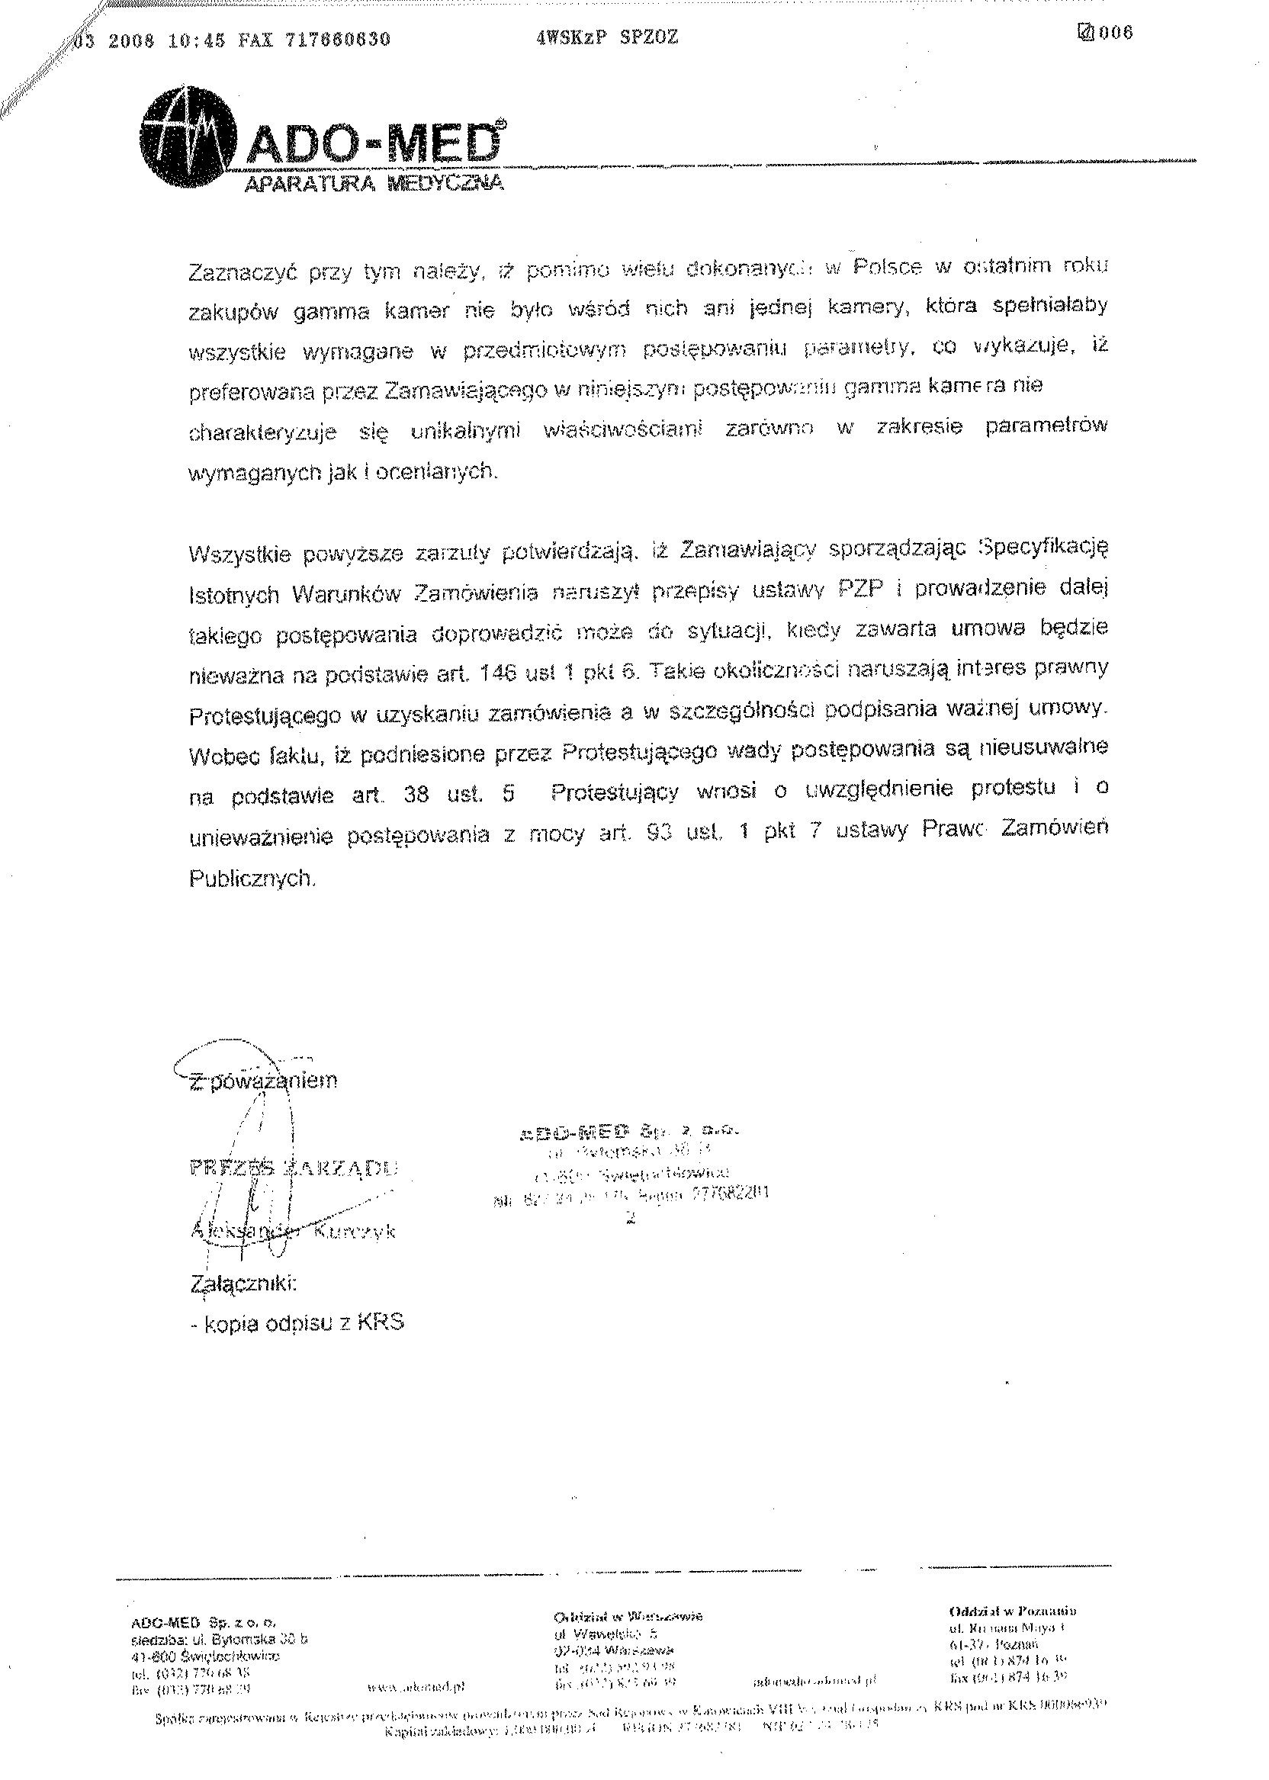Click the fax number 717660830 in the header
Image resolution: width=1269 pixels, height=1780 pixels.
(338, 40)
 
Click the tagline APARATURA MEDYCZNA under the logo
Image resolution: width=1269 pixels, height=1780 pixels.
(374, 185)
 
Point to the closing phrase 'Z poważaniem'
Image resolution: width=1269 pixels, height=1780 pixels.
(264, 1082)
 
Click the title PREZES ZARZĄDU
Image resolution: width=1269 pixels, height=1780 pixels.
(294, 1170)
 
